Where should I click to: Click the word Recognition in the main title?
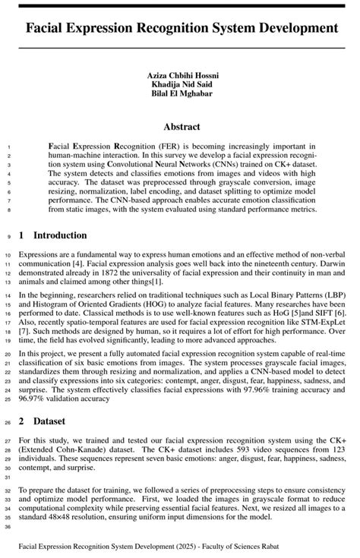[x=176, y=29]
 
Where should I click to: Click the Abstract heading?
[x=180, y=127]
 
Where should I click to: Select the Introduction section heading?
[x=60, y=235]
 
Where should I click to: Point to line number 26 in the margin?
[x=7, y=422]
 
